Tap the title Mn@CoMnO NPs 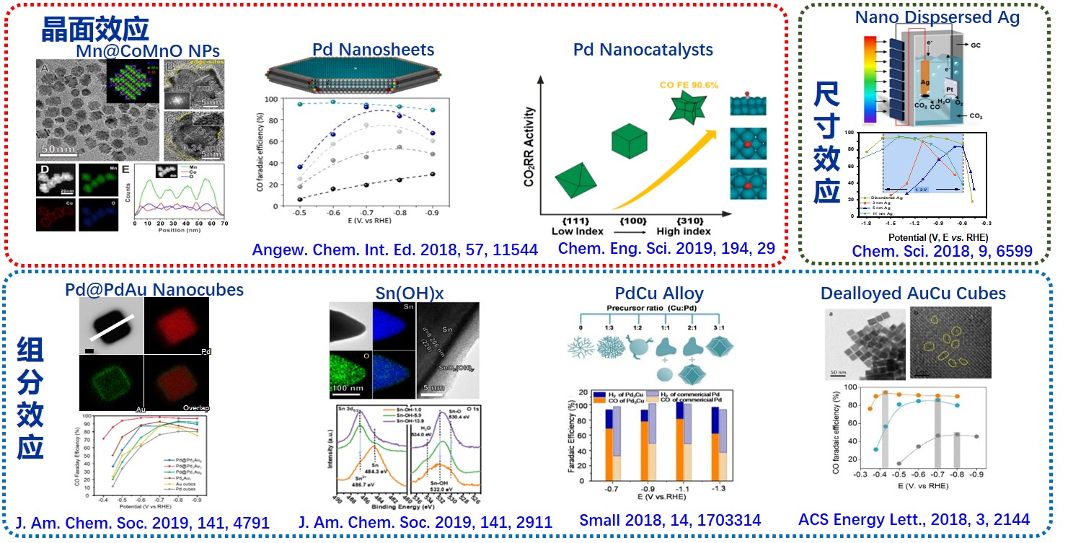[x=148, y=50]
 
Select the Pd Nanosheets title [x=373, y=49]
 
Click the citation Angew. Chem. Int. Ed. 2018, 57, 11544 [x=394, y=250]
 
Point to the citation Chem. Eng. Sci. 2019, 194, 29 [x=666, y=249]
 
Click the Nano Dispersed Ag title [x=937, y=17]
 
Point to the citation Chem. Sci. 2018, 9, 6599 [x=942, y=251]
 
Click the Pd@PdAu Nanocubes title [x=154, y=290]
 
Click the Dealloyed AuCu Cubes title [x=913, y=293]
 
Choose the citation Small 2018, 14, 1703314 [x=670, y=520]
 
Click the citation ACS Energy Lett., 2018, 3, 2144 [x=914, y=519]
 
